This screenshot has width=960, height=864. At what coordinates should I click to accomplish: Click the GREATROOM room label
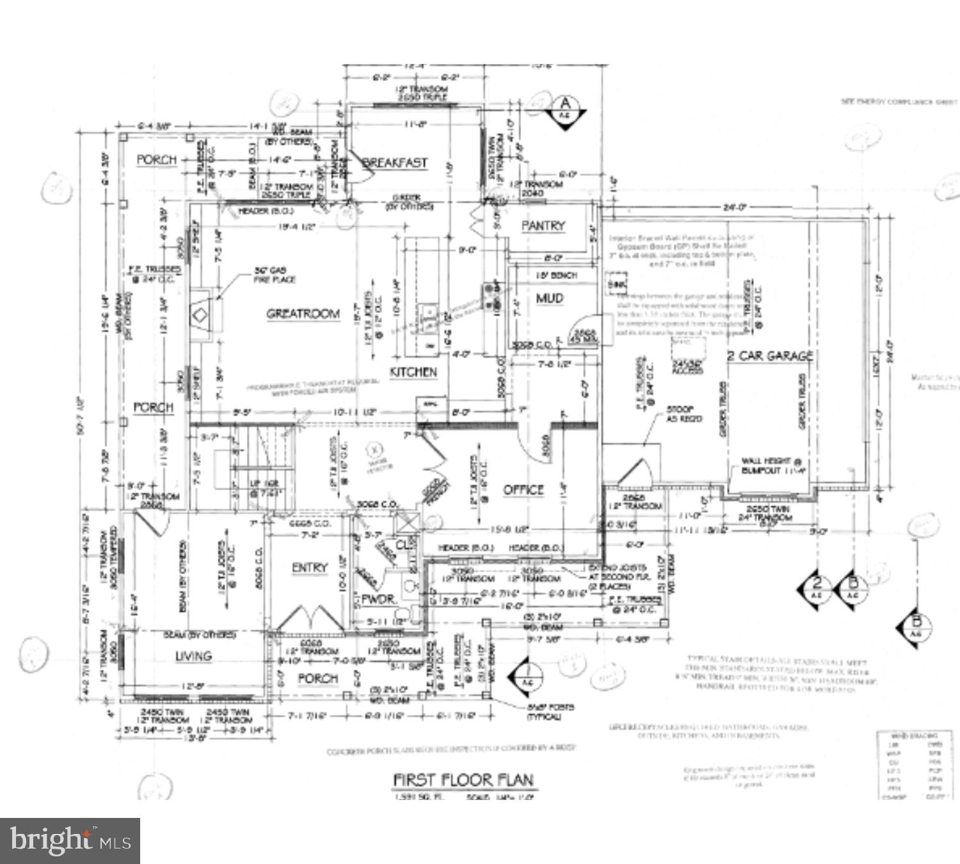pos(303,314)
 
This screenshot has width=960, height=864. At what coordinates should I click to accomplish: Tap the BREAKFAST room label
pos(395,163)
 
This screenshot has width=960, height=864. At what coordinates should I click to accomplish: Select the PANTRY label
pos(543,225)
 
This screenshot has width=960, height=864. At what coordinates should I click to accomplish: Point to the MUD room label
pos(549,298)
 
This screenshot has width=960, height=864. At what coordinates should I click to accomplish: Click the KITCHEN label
pos(413,372)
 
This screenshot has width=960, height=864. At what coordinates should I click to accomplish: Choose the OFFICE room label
pos(523,490)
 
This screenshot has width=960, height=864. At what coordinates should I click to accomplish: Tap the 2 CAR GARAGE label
pos(770,356)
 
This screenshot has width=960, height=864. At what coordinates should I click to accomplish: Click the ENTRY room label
pos(310,568)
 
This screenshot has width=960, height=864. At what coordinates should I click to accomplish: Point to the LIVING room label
pos(193,656)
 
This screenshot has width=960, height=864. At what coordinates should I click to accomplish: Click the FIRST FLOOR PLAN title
pos(462,780)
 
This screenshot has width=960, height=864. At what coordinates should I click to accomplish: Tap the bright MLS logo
pos(70,840)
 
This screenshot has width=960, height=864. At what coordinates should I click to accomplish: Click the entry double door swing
pos(310,618)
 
